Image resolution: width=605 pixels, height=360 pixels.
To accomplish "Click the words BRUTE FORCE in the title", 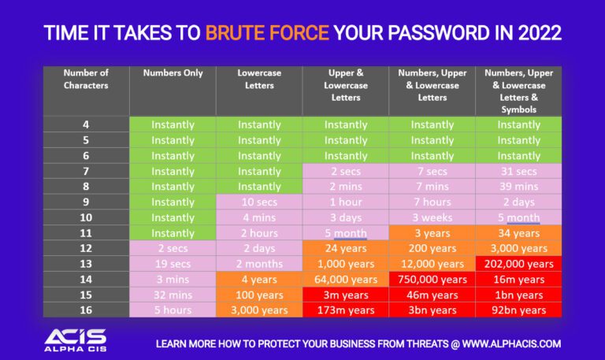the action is (x=267, y=33).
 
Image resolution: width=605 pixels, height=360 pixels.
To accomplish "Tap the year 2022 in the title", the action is (x=540, y=33).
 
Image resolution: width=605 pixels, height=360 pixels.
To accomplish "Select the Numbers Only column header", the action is (x=173, y=73).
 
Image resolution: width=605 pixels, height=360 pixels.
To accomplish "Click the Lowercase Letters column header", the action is (x=259, y=79).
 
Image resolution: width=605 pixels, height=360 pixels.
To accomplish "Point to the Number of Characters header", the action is (x=86, y=79).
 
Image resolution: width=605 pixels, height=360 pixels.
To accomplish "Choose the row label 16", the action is (x=86, y=310).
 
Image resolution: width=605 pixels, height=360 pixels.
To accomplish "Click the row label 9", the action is (x=86, y=202).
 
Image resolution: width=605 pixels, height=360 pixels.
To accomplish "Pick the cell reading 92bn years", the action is (x=518, y=310).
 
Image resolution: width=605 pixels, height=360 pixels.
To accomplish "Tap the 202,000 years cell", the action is (x=518, y=264).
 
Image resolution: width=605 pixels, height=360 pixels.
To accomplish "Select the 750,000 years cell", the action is (x=432, y=279).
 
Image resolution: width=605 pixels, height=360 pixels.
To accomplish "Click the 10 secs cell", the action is (x=259, y=202).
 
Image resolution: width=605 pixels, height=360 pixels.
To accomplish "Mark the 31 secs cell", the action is (x=518, y=171).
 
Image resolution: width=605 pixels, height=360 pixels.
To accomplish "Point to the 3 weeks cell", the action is (x=432, y=217).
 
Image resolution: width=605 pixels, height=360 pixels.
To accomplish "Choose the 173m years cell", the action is (x=346, y=310).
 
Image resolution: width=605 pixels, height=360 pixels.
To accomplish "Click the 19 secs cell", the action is (x=173, y=264).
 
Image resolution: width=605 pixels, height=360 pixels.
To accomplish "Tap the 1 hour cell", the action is (x=346, y=202).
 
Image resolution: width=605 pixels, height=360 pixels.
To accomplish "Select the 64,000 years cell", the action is (x=346, y=279).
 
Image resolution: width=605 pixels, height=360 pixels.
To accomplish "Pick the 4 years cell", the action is (x=259, y=279).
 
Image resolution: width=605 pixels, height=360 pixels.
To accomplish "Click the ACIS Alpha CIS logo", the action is (x=76, y=340).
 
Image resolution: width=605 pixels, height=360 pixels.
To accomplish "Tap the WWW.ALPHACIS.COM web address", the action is (x=511, y=343).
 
